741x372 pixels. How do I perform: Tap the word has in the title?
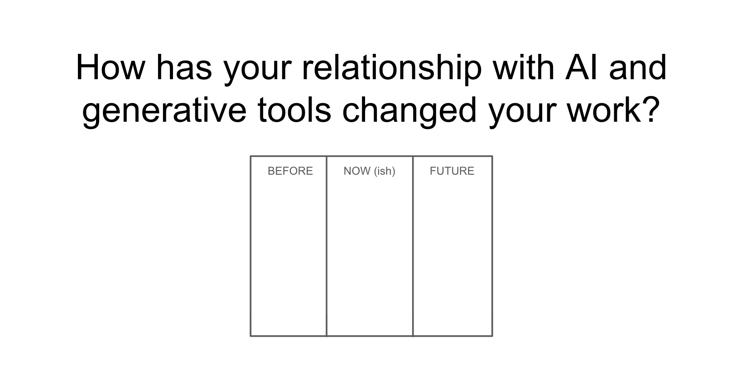tap(184, 68)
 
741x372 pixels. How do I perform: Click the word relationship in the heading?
tap(392, 69)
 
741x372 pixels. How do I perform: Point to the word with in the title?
tap(523, 68)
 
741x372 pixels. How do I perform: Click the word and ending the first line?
tap(638, 68)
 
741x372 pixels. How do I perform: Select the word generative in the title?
tap(164, 112)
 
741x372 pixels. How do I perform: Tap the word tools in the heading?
tap(294, 110)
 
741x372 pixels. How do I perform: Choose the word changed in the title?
tap(409, 112)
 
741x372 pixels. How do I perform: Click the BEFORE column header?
tap(290, 171)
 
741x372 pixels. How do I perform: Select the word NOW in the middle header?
tap(357, 171)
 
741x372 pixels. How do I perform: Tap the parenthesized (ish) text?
tap(385, 171)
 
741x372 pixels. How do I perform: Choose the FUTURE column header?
tap(452, 171)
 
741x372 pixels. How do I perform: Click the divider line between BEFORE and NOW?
tap(327, 246)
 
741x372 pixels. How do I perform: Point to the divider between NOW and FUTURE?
tap(413, 246)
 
